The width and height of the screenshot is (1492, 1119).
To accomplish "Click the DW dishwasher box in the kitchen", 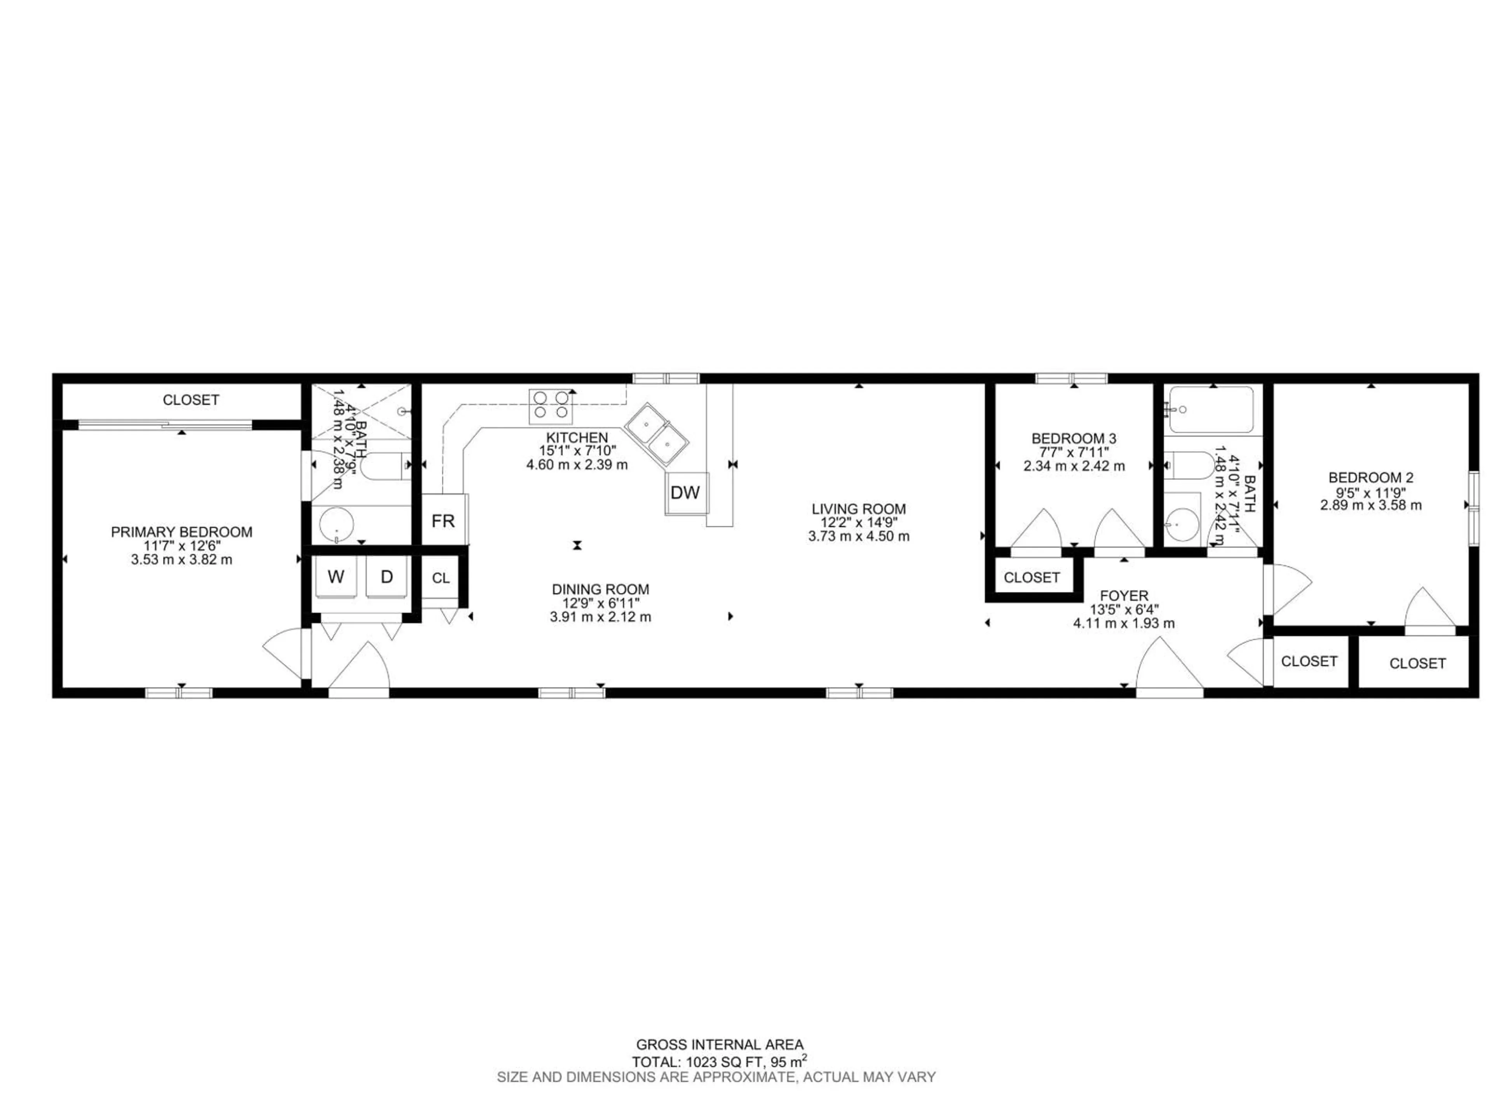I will tap(686, 493).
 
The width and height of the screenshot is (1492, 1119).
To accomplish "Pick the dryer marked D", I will tap(387, 577).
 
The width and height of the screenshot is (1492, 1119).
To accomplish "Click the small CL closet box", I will tap(441, 578).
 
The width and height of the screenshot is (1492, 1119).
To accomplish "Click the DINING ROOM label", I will tap(600, 589).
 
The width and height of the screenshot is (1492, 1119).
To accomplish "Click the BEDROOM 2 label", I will tap(1371, 478).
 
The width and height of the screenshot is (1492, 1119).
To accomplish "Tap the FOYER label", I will tap(1124, 596).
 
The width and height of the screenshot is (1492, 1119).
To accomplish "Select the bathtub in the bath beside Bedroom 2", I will tap(1211, 410).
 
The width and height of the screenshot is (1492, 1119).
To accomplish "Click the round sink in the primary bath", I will tap(336, 525).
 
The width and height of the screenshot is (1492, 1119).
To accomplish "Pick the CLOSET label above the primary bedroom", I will tap(191, 400).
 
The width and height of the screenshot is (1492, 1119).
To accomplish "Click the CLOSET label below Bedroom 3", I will tap(1031, 577).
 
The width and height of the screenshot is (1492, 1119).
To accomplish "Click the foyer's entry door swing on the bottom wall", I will tap(1169, 668).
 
